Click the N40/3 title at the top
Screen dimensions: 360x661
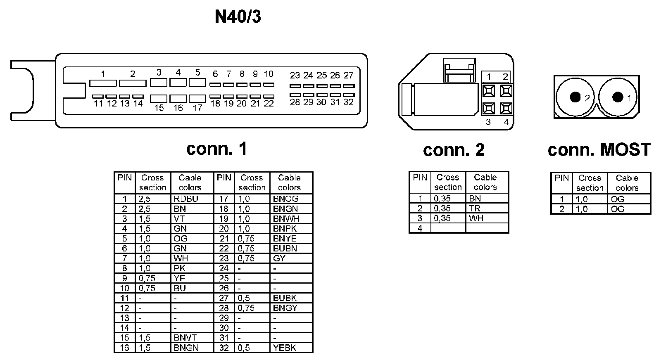pyautogui.click(x=238, y=17)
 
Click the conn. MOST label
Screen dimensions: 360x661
pyautogui.click(x=599, y=149)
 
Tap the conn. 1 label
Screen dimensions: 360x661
pyautogui.click(x=216, y=149)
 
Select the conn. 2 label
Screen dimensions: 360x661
pyautogui.click(x=454, y=150)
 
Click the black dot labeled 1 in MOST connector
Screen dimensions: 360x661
pyautogui.click(x=618, y=97)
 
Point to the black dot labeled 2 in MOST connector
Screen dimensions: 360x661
pyautogui.click(x=575, y=97)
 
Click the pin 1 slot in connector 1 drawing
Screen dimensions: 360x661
pyautogui.click(x=103, y=83)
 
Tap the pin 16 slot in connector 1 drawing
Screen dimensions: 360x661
pyautogui.click(x=178, y=99)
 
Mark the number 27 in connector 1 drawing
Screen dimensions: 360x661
pyautogui.click(x=349, y=75)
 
